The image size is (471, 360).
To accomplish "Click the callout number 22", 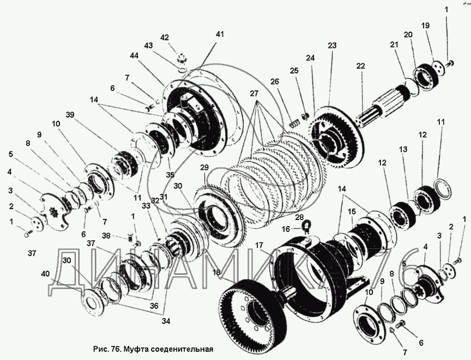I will [x=360, y=66].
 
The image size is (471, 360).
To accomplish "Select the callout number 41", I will [x=219, y=34].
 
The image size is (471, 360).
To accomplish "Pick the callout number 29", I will [x=204, y=167].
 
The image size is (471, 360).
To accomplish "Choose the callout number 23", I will [x=332, y=46].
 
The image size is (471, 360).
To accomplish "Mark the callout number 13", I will [x=403, y=149].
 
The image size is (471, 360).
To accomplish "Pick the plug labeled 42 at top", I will [x=182, y=56].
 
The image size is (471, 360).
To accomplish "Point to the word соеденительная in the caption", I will [x=177, y=349].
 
